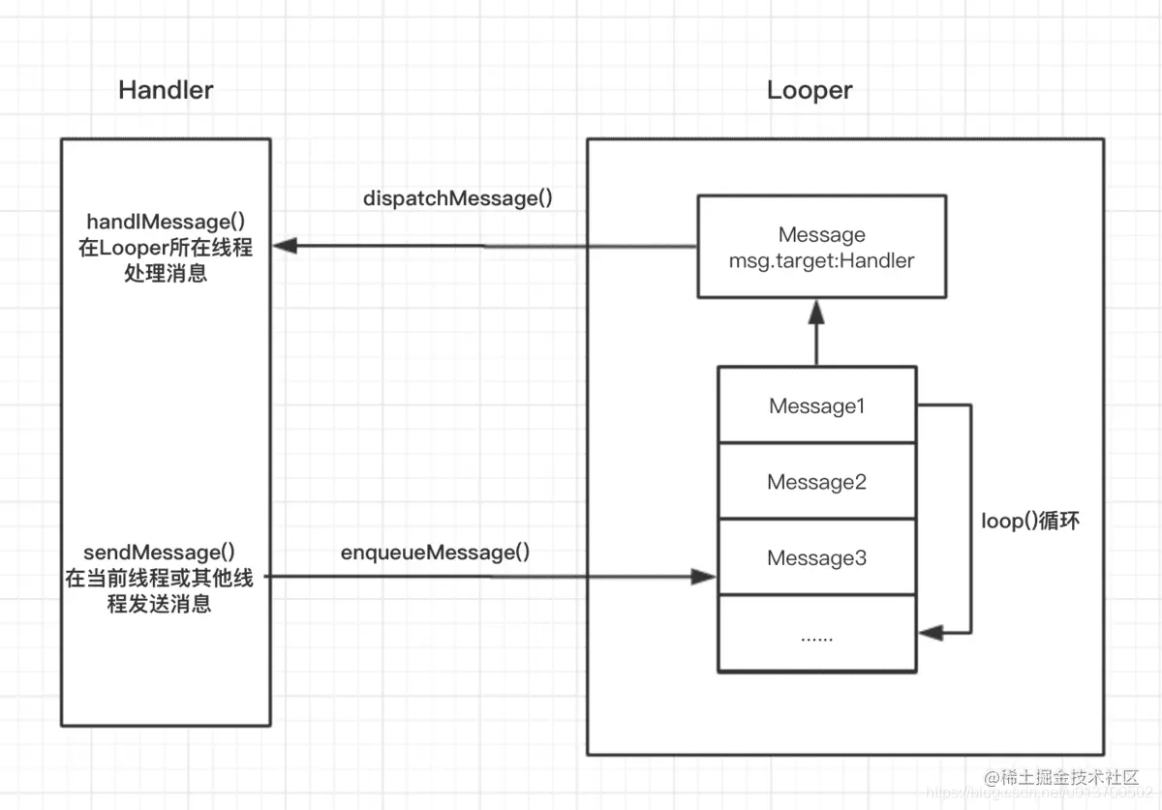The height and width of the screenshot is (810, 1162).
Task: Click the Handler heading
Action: pos(166,90)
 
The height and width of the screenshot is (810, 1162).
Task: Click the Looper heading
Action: pos(810,90)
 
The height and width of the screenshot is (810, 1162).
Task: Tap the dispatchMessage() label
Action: pos(457,198)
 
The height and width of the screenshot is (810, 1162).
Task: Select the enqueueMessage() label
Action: pos(436,553)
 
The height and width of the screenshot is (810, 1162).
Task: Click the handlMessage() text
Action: pos(165,222)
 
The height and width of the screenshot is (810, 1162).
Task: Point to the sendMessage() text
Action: pos(159,553)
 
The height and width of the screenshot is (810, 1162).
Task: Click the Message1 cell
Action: pos(816,405)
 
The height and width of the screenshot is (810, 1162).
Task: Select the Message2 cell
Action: pos(816,481)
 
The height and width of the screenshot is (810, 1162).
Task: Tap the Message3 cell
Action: pos(816,557)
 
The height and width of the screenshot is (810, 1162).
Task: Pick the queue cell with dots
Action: pos(816,635)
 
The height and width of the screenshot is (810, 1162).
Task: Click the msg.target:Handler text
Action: pos(821,260)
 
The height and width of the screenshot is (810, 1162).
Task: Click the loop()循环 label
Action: pos(1030,521)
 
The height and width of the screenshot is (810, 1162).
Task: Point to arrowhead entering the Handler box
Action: pos(283,247)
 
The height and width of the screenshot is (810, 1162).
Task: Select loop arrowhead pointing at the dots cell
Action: pos(930,633)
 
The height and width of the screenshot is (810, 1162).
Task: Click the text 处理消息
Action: pos(165,273)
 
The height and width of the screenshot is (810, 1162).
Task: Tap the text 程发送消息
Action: pos(160,605)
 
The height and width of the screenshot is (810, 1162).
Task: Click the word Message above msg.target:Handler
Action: pos(821,235)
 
